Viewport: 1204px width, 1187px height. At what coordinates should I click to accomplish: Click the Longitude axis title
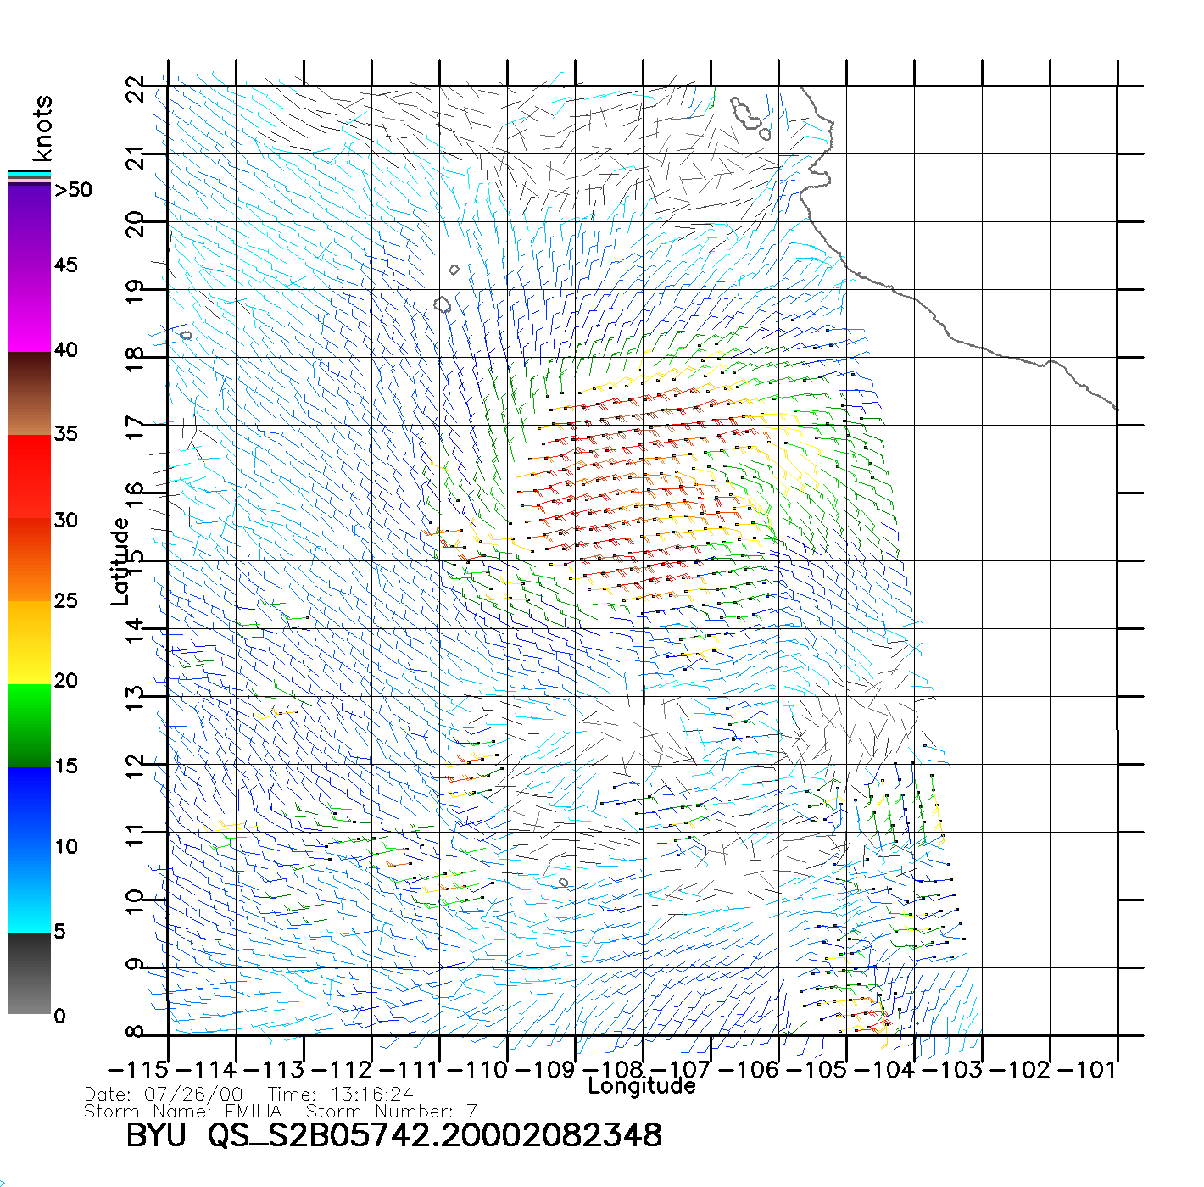642,1086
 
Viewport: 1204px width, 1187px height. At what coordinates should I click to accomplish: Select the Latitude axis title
120,561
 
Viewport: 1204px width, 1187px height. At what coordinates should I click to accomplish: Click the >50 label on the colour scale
74,190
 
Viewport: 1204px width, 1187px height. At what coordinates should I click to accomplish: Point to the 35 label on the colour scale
66,434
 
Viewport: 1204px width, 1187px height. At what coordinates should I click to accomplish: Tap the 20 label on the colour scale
66,681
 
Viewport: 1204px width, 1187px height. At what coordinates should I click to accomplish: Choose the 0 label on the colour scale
59,1016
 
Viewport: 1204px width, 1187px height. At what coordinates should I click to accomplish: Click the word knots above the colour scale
42,128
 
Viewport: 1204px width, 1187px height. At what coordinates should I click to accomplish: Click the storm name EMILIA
254,1111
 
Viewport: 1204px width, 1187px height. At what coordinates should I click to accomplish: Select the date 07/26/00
194,1095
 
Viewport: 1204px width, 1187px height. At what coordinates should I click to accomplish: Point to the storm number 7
472,1111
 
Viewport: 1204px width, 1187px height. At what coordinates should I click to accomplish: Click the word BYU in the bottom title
156,1135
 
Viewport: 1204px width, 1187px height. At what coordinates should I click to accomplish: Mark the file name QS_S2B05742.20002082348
435,1135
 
